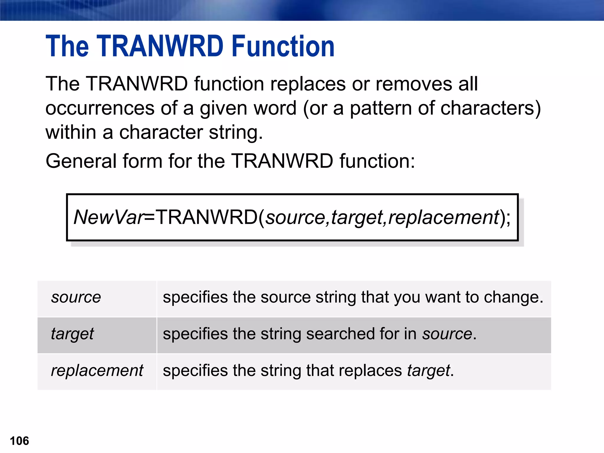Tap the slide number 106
(19, 441)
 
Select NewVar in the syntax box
(109, 217)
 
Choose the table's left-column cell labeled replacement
(97, 370)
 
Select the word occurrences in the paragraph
(100, 108)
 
